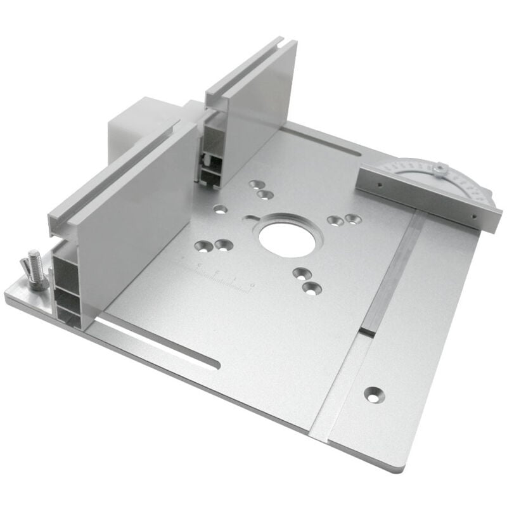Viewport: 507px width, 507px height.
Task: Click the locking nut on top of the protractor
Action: tap(439, 168)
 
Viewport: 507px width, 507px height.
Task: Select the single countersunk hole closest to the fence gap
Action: tap(221, 208)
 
